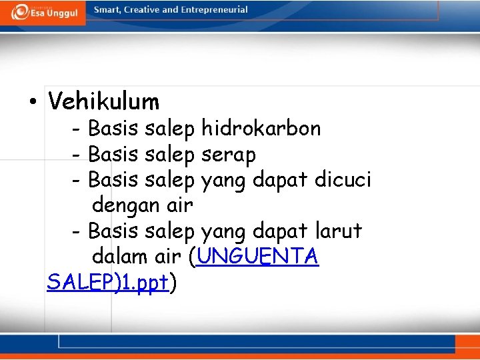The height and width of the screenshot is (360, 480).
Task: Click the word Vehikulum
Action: coord(104,102)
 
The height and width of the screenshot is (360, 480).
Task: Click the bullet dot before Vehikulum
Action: coord(32,103)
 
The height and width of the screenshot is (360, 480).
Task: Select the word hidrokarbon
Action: coord(261,128)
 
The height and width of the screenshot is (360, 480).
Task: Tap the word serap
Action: coord(228,155)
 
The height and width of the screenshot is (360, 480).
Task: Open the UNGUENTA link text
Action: coord(258,256)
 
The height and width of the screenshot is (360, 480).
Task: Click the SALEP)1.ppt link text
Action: coord(107,282)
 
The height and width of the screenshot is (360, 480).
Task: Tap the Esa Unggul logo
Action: coord(43,12)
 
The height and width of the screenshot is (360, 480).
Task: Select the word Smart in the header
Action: coord(108,10)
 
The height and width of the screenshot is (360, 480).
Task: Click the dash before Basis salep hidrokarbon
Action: coord(77,129)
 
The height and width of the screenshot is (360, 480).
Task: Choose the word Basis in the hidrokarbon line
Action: coord(113,128)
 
